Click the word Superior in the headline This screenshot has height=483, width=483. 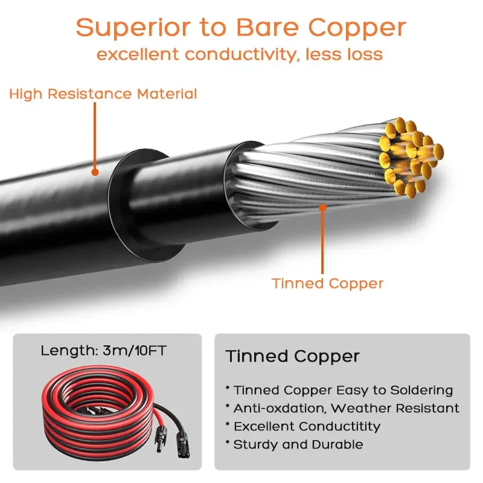coord(134,28)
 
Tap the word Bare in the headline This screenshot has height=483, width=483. coord(267,28)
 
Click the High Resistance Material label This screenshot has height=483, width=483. coord(103,94)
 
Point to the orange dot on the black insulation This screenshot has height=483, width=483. coord(95,172)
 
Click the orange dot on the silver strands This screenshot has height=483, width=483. coord(322,208)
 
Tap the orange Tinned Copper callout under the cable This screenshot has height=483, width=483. coord(327,283)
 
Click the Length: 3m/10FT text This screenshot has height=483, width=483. coord(103,351)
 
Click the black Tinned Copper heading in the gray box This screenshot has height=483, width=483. coord(292,357)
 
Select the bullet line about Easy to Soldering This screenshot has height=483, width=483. coord(339,390)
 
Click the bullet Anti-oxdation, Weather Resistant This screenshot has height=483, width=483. coord(342,408)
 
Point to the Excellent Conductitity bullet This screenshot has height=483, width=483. coord(303,426)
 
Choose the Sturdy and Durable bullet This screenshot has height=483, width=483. coord(294,444)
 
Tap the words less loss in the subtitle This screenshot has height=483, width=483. coord(344,54)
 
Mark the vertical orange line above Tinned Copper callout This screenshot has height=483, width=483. coord(322,241)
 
